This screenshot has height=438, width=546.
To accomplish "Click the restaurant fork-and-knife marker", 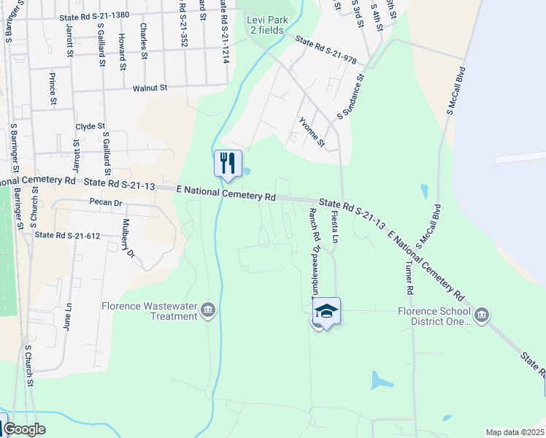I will tap(228, 163).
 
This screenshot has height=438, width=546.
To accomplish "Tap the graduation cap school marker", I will tap(327, 312).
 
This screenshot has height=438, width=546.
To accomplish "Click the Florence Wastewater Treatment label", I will tap(150, 311).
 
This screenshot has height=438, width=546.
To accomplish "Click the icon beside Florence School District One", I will tap(481, 315).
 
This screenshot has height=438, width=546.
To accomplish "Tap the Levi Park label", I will tap(267, 24).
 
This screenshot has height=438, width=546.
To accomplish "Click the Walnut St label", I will tap(150, 88).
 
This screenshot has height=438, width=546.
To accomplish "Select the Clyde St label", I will tap(91, 126).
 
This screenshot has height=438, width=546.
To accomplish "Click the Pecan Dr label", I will tap(104, 201).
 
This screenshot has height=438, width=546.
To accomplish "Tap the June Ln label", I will tap(68, 317).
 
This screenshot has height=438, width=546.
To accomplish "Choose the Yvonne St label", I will tap(312, 131).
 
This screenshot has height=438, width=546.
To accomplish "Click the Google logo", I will tap(24, 429).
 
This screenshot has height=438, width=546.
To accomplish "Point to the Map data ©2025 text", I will tap(515, 432).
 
